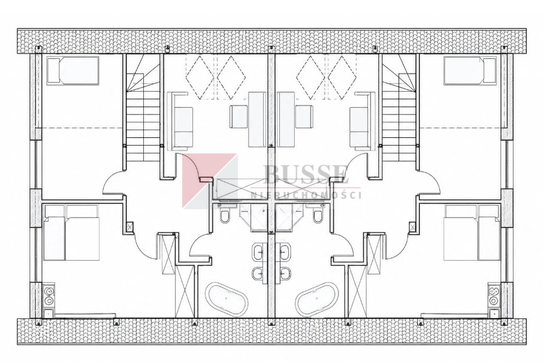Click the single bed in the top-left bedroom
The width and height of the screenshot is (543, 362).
73,71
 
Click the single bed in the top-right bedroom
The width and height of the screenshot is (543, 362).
470,71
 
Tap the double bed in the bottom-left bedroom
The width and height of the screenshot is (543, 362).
72,233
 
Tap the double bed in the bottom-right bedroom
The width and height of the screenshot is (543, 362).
471,233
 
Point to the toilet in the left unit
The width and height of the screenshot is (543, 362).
225,215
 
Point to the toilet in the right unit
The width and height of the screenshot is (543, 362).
317,215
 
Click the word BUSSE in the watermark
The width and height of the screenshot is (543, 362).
304,175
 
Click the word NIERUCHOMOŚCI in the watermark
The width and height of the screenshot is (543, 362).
306,195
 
